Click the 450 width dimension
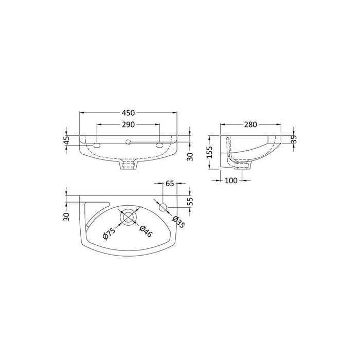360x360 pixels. pos(129,112)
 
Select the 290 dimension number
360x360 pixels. pos(129,124)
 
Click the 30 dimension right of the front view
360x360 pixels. pos(190,157)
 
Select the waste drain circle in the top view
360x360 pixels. pos(128,217)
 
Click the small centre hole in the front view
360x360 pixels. pos(129,140)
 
